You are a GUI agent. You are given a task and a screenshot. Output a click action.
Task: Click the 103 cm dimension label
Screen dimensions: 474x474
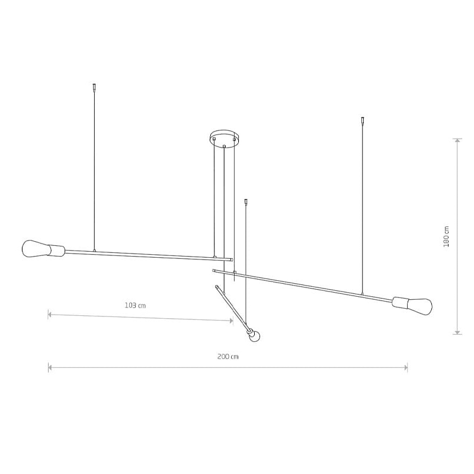click(x=135, y=306)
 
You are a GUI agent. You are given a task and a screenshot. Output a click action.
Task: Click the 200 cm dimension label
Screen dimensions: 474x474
click(x=228, y=357)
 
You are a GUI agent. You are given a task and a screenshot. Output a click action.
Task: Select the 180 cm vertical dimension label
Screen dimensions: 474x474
click(x=446, y=236)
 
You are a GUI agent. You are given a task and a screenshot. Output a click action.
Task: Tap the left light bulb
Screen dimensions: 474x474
click(x=36, y=249)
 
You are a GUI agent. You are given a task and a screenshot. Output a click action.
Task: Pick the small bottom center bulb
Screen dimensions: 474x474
click(x=255, y=335)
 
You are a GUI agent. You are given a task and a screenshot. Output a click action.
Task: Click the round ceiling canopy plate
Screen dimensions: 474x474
click(x=224, y=138)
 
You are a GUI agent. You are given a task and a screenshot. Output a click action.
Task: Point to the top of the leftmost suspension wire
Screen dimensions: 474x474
click(x=94, y=84)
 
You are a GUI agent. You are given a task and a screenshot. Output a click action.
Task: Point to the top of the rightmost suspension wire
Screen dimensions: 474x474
click(x=363, y=117)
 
